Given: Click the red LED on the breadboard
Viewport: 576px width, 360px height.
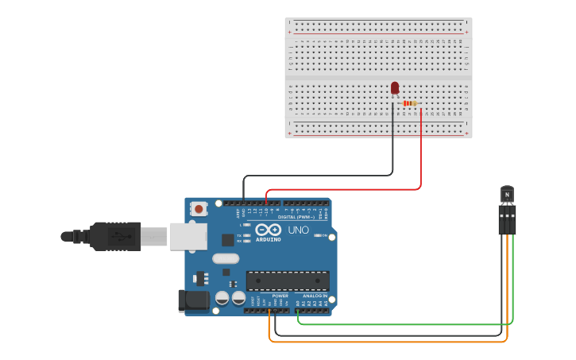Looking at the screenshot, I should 395,87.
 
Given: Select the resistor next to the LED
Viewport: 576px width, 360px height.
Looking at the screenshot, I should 409,103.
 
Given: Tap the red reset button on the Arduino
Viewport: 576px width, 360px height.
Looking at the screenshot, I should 199,209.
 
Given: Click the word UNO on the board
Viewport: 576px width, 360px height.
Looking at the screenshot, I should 298,230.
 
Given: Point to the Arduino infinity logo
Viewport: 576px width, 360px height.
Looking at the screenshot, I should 269,230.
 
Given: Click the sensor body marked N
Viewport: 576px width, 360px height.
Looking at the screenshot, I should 507,195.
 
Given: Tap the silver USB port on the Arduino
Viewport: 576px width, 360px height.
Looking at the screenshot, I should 188,236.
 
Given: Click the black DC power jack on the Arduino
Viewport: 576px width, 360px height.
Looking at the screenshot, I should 192,300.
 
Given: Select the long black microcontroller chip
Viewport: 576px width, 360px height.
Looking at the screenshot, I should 288,281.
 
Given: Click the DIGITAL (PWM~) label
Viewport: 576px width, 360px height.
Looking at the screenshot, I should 295,216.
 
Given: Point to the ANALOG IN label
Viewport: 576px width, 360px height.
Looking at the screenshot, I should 315,296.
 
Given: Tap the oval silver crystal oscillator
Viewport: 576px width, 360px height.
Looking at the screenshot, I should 226,257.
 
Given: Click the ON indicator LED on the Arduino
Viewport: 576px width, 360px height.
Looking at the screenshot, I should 318,235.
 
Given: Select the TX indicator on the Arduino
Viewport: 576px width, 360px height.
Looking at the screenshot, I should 246,235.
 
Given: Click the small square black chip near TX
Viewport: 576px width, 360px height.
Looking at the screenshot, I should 228,238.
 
